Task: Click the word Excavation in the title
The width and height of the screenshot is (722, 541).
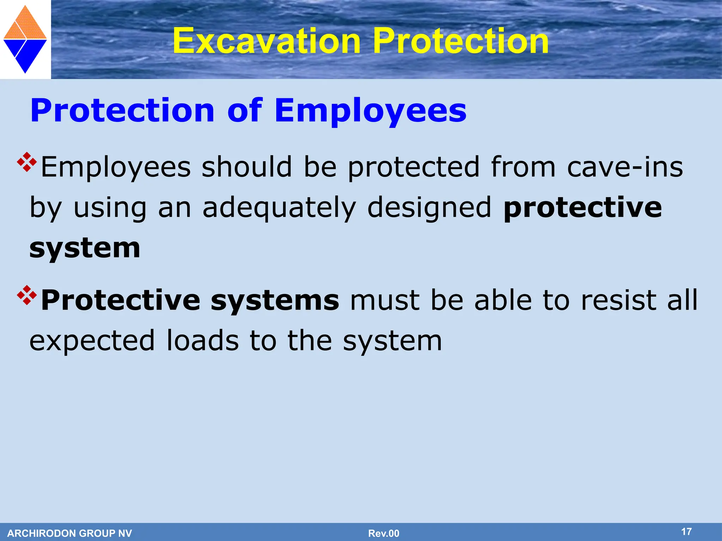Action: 267,41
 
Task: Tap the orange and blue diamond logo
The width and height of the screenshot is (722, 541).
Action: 25,39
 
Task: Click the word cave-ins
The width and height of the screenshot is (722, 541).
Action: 625,167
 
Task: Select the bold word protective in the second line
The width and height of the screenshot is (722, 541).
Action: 582,208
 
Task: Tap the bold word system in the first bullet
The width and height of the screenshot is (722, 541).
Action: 85,248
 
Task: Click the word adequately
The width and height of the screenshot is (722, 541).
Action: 279,208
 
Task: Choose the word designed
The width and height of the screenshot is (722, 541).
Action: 429,208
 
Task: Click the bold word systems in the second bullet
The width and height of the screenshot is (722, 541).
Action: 275,300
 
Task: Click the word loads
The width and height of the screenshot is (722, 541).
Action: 202,341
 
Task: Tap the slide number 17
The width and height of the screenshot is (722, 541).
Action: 686,531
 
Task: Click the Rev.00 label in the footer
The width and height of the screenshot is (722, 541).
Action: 384,533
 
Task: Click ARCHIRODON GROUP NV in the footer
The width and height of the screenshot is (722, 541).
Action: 69,533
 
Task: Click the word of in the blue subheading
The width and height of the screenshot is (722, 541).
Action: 244,111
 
